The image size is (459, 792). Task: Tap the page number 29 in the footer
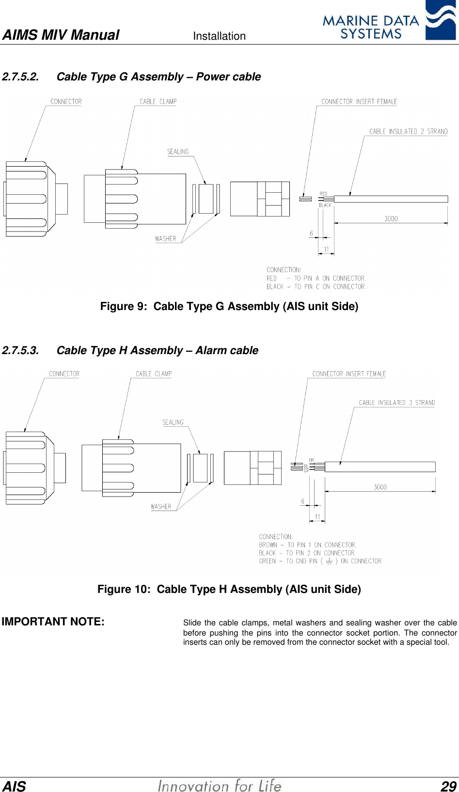pos(448,786)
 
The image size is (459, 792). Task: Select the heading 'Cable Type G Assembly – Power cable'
pos(158,77)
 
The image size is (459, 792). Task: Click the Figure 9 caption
pos(229,306)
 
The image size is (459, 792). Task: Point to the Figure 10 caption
pos(229,589)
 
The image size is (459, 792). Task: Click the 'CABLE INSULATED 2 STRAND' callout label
pos(408,131)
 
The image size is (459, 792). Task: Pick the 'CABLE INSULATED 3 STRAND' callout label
pos(396,403)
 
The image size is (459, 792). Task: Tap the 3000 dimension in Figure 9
pos(391,218)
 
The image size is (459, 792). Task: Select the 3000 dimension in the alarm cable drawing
pos(380,487)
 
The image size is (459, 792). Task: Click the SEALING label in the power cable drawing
pos(178,152)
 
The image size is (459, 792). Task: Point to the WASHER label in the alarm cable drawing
pos(161,507)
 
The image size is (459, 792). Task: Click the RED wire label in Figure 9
pos(323,194)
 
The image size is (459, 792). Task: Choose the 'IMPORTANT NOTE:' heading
pos(53,621)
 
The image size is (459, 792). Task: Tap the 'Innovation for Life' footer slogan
pos(220,785)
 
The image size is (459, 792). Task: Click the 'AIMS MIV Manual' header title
pos(61,35)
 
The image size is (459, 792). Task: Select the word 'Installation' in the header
pos(219,36)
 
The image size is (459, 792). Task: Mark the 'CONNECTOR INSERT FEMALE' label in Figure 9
pos(359,102)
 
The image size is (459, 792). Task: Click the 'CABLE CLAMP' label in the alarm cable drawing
pos(154,374)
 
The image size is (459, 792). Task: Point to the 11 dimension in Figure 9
pos(326,249)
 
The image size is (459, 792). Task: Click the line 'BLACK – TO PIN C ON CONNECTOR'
pos(316,287)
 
